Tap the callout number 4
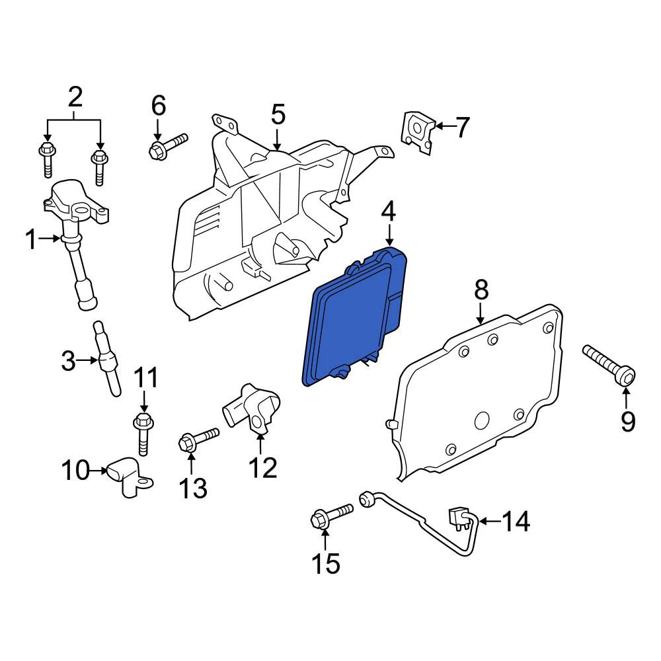tap(388, 212)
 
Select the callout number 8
tap(481, 290)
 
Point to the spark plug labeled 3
tap(106, 358)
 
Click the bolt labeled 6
tap(168, 146)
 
